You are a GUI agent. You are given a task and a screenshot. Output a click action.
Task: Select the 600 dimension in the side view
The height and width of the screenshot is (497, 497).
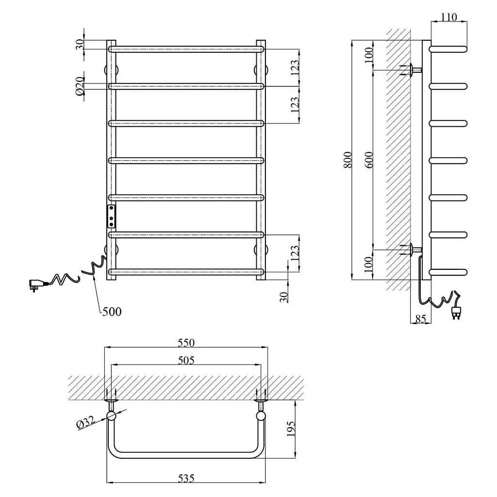(370, 160)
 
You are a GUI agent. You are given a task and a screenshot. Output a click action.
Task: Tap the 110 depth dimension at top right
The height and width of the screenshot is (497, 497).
(448, 17)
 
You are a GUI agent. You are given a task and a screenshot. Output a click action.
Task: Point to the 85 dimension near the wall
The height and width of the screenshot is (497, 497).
(420, 318)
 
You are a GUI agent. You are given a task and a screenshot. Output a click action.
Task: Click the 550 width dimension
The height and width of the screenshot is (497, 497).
(186, 343)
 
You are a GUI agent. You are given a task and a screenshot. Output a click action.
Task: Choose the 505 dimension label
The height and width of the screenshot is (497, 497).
(186, 361)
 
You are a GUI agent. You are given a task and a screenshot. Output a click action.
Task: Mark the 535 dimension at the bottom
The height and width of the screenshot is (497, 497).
(186, 478)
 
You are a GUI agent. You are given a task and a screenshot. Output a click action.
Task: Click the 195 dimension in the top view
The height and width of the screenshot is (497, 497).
(291, 429)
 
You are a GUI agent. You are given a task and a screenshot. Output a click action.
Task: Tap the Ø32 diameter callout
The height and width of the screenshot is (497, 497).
(85, 423)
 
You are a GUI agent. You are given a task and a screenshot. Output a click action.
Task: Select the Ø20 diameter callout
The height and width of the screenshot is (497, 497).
(80, 86)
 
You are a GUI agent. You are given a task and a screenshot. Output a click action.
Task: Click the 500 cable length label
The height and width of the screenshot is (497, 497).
(112, 312)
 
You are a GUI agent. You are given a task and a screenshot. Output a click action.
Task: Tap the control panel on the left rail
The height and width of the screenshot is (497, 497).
(111, 216)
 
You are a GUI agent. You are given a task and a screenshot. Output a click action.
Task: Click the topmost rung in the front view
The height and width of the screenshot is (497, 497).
(186, 49)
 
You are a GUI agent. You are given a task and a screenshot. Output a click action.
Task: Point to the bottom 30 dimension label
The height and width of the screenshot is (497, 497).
(284, 297)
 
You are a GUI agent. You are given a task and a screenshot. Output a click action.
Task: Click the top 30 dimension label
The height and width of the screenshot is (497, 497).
(80, 45)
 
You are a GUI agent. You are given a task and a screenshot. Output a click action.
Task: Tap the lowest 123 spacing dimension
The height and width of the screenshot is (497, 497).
(295, 253)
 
